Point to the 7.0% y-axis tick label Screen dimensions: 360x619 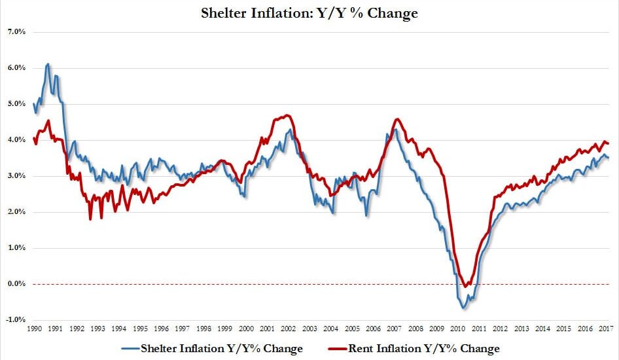coord(16,32)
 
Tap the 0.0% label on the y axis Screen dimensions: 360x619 coord(16,284)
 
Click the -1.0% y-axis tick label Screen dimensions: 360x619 coord(16,320)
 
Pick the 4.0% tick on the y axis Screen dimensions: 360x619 coord(16,140)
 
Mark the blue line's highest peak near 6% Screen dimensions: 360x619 coord(48,64)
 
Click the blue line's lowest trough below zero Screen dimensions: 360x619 coord(463,308)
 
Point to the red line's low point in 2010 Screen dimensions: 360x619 coord(465,286)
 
